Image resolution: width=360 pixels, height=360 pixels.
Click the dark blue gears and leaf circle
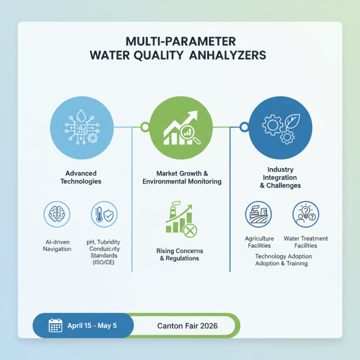tap(279, 127)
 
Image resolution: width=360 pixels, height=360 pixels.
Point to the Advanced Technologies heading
tap(81, 177)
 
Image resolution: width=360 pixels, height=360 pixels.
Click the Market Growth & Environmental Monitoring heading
tap(182, 177)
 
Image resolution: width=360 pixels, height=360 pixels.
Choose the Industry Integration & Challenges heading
tap(280, 177)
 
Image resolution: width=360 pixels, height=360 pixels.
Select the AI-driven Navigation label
tap(57, 246)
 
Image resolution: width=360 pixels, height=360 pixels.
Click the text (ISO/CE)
tap(103, 262)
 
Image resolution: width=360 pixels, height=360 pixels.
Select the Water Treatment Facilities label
tap(306, 242)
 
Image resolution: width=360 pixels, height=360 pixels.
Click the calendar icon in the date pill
tap(55, 325)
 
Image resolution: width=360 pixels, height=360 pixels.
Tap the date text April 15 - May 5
tap(92, 325)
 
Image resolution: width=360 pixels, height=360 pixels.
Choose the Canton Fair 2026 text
tap(188, 326)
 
